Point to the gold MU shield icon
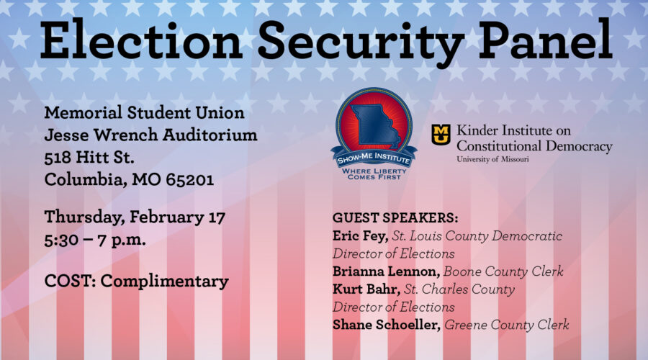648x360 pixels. pos(441,134)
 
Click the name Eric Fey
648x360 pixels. pos(356,235)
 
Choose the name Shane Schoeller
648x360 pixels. pos(387,325)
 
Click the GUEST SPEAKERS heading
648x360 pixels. pos(395,217)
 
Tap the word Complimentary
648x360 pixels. pos(165,281)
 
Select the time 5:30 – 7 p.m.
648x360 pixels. pos(95,238)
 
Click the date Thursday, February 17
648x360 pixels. pos(135,216)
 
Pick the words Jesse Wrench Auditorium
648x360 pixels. pos(150,135)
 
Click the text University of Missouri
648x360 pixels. pos(492,159)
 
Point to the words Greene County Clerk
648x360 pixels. pos(507,325)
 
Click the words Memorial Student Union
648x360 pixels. pos(144,113)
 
